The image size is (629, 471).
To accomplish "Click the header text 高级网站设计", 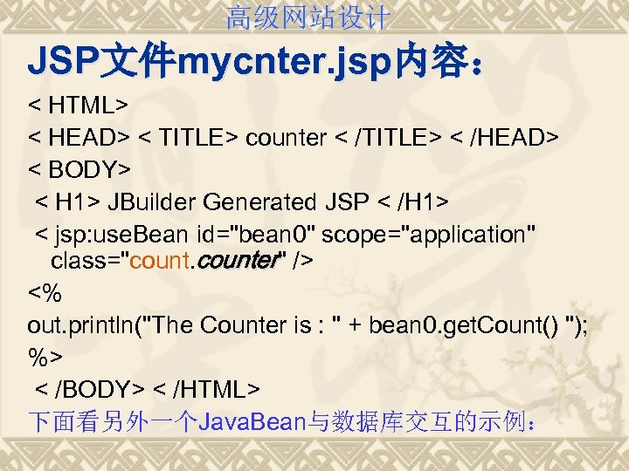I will (308, 17).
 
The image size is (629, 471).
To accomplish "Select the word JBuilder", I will (153, 202).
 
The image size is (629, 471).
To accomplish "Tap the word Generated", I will (259, 202).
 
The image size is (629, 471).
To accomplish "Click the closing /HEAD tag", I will (510, 138).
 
